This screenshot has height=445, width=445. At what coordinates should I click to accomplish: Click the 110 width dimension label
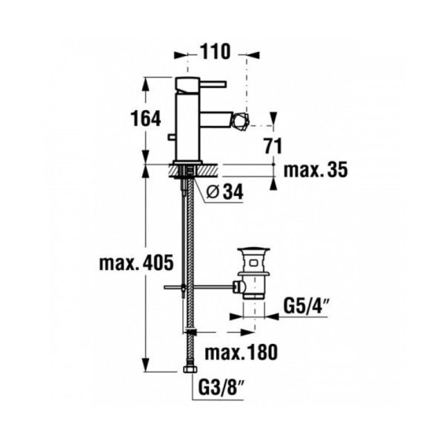pyautogui.click(x=215, y=52)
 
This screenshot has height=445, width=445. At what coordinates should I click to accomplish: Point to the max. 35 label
pyautogui.click(x=315, y=170)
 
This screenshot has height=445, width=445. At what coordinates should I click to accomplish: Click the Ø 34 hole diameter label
pyautogui.click(x=225, y=192)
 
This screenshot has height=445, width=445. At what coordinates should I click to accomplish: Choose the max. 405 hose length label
pyautogui.click(x=136, y=263)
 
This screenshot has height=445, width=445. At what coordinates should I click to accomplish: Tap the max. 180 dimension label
pyautogui.click(x=241, y=352)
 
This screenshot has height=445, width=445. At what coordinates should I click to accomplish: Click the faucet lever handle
pyautogui.click(x=213, y=84)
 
